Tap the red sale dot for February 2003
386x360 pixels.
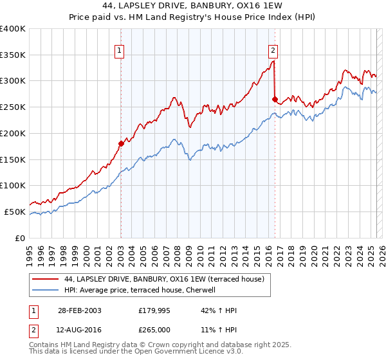point(120,143)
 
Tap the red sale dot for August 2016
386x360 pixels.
point(275,99)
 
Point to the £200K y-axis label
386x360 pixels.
point(13,133)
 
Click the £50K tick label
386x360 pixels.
point(15,212)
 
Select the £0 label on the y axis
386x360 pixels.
point(21,238)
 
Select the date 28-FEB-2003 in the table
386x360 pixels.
point(79,310)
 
